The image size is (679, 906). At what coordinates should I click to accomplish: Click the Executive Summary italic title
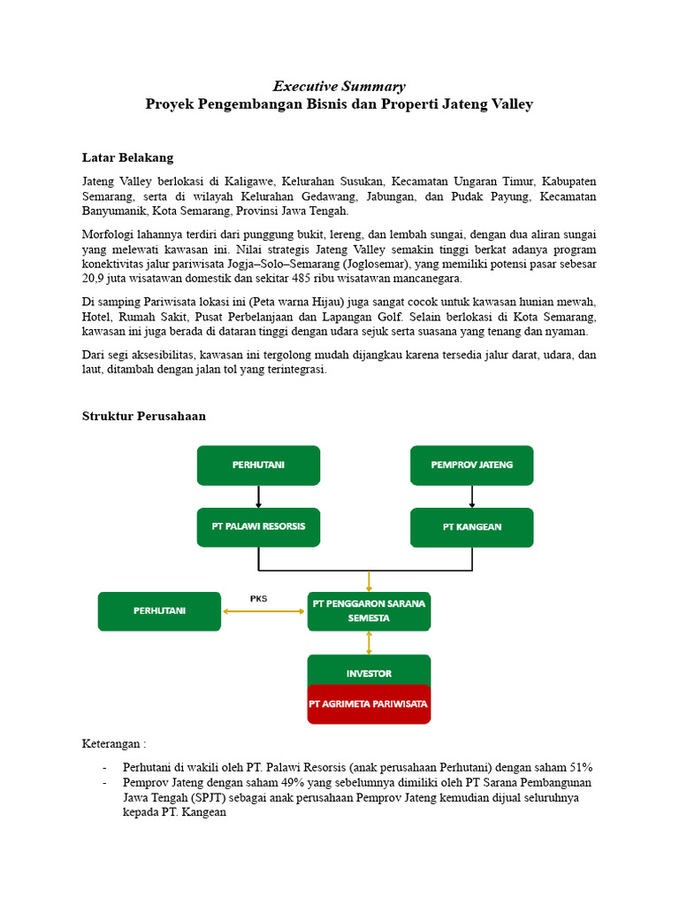tap(339, 86)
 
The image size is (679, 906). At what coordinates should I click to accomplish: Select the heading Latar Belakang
tap(127, 157)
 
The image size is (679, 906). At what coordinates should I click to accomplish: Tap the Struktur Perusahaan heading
tap(144, 415)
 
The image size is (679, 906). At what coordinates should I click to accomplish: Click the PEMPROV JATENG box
tap(471, 465)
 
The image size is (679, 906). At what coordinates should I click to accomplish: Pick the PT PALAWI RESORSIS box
tap(258, 526)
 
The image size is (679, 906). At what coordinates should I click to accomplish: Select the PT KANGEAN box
tap(471, 526)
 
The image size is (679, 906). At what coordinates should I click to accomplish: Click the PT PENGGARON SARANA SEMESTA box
tap(369, 610)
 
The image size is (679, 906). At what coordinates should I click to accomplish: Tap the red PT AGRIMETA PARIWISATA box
tap(369, 704)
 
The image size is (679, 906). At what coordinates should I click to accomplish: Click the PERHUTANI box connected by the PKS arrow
tap(159, 610)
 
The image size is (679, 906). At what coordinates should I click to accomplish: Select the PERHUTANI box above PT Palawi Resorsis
tap(258, 465)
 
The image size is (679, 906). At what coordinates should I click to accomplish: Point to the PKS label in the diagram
tap(258, 599)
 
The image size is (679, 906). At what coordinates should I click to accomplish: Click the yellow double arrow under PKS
tap(263, 611)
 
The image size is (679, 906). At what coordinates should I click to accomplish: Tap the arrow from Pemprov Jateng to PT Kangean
tap(471, 495)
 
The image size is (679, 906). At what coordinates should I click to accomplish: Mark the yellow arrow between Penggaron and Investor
tap(369, 642)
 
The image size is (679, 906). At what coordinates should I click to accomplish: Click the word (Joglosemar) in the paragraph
tap(377, 263)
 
